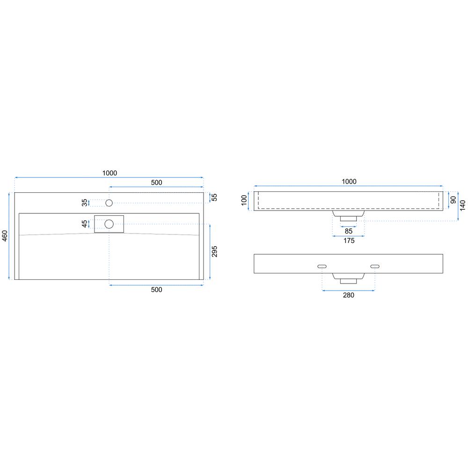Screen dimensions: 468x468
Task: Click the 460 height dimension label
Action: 5,236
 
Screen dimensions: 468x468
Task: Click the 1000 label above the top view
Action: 110,173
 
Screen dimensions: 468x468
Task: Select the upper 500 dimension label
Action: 156,183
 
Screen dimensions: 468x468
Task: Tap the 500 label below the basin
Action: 156,290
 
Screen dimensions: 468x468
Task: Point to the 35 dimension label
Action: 85,203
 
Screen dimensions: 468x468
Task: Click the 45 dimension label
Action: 85,224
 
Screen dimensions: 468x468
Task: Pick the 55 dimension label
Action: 214,197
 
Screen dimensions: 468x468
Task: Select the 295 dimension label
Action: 214,252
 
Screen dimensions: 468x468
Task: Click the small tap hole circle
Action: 109,203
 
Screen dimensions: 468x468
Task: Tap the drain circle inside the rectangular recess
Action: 109,224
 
